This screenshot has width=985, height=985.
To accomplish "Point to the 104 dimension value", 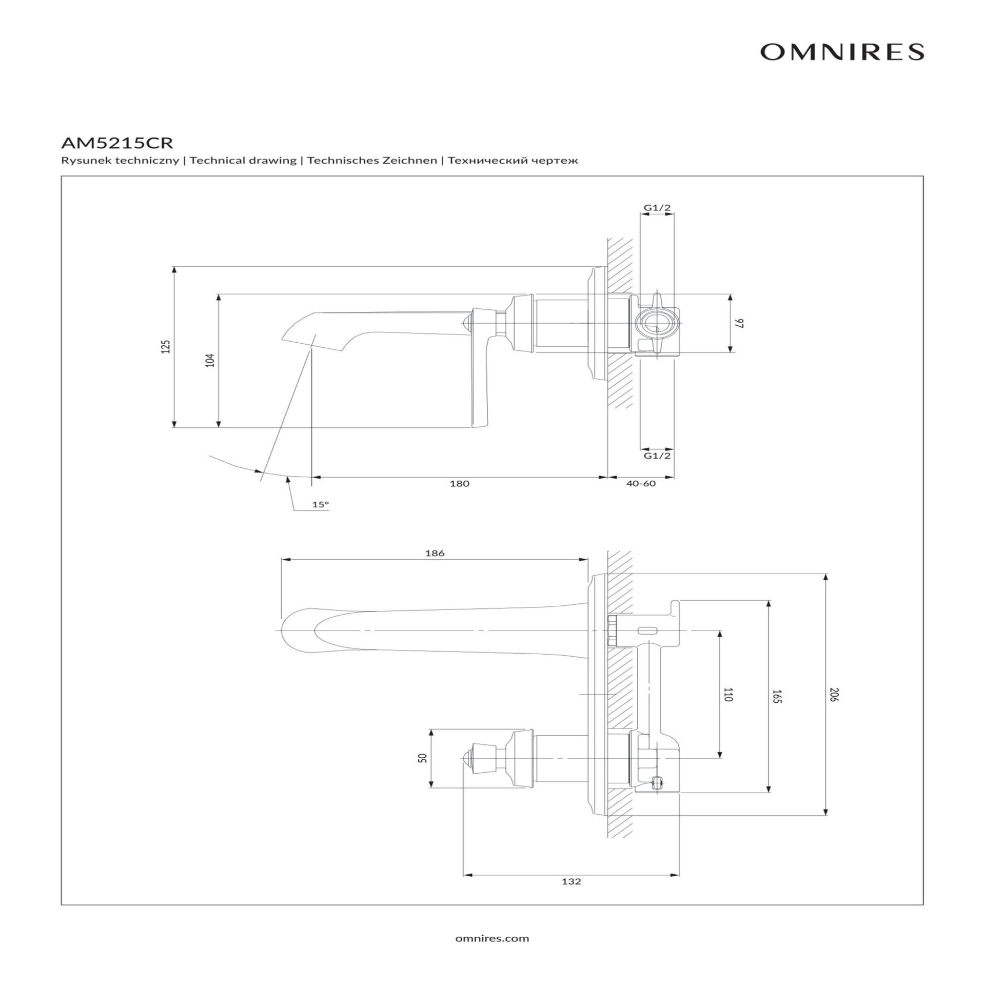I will tap(210, 360).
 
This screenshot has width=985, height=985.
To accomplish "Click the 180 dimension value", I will tap(459, 483).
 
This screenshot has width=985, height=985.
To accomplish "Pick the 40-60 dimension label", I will tap(641, 483).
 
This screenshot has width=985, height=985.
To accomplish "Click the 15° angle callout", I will tap(320, 504).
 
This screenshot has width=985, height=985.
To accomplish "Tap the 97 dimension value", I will tap(739, 323).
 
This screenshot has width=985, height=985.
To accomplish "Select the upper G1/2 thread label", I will tap(657, 208).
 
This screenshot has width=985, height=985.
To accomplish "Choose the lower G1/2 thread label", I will tap(657, 455).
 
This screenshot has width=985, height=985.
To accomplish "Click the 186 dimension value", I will tap(435, 553).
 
